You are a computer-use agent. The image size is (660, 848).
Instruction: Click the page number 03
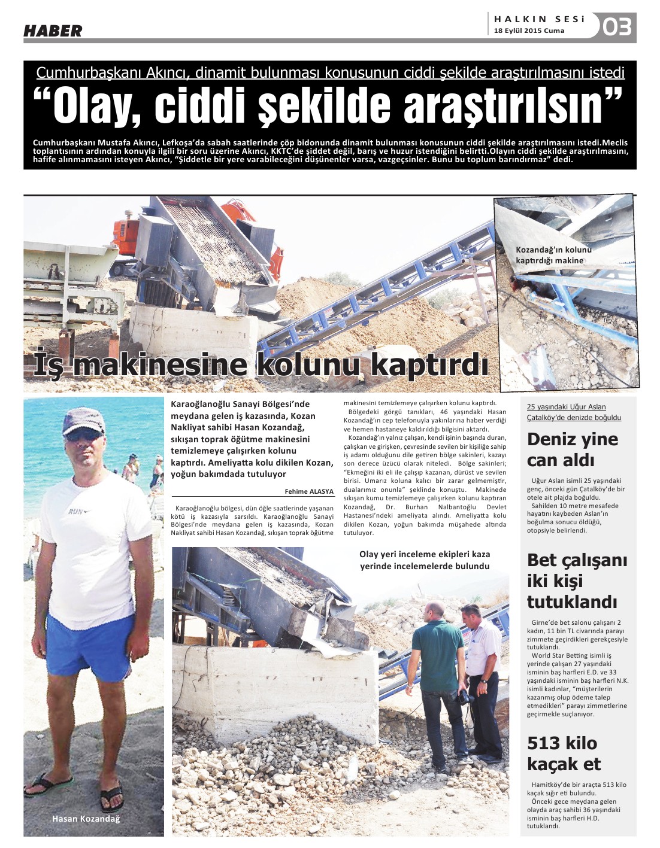pyautogui.click(x=617, y=27)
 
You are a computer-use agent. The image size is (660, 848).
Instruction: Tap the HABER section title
pyautogui.click(x=53, y=31)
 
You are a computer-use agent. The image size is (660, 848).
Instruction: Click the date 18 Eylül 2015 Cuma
pyautogui.click(x=529, y=31)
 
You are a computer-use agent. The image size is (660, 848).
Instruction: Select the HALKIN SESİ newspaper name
pyautogui.click(x=539, y=19)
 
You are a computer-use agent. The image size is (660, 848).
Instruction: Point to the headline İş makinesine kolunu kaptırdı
pyautogui.click(x=261, y=364)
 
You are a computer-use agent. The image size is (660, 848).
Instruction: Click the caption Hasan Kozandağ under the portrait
pyautogui.click(x=86, y=819)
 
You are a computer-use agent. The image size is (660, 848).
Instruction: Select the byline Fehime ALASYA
pyautogui.click(x=309, y=491)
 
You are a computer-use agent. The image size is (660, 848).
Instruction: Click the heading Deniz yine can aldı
pyautogui.click(x=572, y=449)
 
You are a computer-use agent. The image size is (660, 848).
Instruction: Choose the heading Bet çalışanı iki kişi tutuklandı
pyautogui.click(x=577, y=580)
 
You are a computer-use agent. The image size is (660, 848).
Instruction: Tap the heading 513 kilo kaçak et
pyautogui.click(x=564, y=753)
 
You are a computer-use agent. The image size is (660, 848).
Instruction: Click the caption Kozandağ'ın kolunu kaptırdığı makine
pyautogui.click(x=553, y=255)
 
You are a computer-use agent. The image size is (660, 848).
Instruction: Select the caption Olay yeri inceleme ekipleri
pyautogui.click(x=425, y=560)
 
